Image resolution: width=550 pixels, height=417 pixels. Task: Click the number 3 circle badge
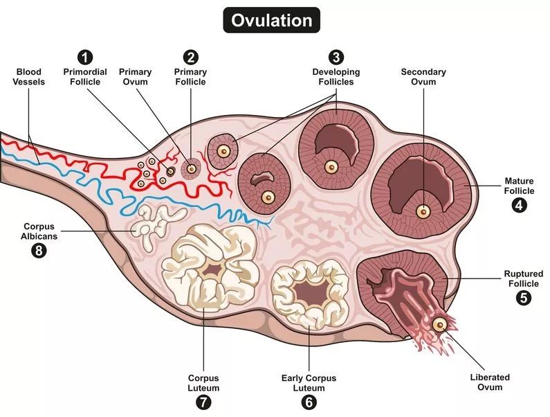click(x=336, y=56)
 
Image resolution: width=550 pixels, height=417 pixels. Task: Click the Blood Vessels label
click(x=28, y=76)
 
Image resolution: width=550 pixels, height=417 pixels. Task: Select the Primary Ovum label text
click(x=136, y=76)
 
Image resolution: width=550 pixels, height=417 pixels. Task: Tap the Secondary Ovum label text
click(x=423, y=76)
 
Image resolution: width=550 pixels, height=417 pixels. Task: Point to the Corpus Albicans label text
click(x=39, y=231)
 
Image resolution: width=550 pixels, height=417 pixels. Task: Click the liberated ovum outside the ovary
click(x=439, y=324)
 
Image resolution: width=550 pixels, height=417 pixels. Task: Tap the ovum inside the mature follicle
click(x=421, y=211)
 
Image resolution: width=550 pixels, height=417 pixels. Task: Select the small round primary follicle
click(x=191, y=167)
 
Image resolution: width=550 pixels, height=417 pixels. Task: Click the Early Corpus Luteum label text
click(x=309, y=382)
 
